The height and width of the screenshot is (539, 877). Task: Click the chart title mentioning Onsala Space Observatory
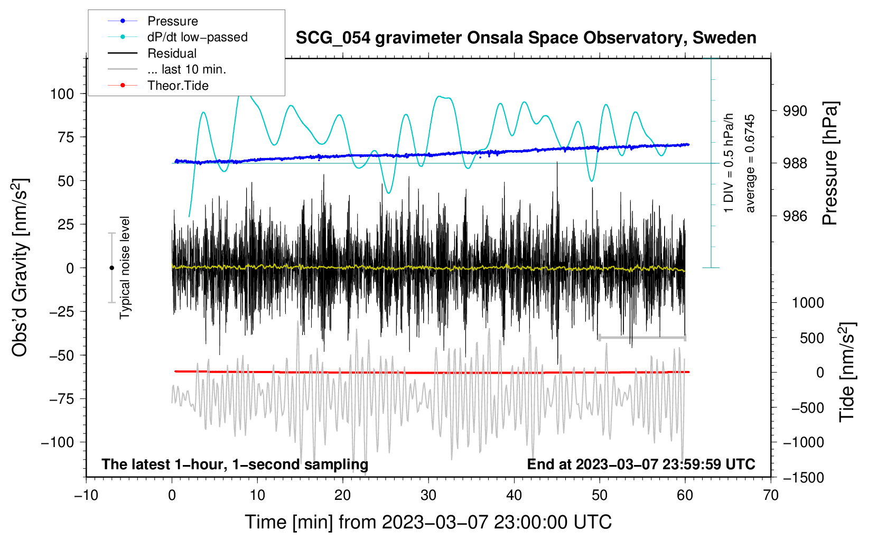(526, 38)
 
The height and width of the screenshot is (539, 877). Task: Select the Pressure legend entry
(172, 21)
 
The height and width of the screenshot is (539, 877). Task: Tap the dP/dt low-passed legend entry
(197, 37)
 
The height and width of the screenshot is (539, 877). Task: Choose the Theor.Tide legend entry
(178, 86)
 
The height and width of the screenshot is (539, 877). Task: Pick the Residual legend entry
(172, 53)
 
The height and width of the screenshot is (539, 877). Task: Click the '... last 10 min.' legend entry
(186, 69)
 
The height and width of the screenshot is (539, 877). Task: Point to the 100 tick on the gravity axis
(62, 94)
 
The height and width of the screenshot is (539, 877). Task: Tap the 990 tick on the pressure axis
(795, 111)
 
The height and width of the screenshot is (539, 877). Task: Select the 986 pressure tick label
(795, 216)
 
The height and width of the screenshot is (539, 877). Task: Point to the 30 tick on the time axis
(428, 495)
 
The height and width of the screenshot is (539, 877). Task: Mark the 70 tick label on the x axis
(771, 495)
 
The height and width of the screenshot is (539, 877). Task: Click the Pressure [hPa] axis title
(831, 164)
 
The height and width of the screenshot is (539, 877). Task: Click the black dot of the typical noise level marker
(111, 268)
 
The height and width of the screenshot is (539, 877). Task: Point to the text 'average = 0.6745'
(750, 164)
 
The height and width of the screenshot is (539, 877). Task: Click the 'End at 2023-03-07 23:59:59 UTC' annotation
(641, 464)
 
